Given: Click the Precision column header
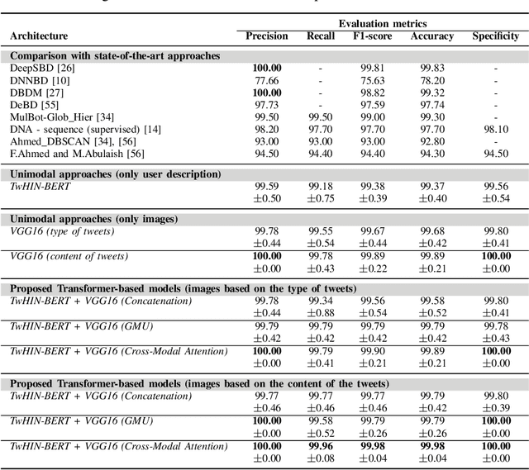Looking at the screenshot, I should point(267,36).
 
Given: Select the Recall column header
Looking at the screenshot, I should point(321,36).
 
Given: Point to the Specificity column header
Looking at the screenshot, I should point(495,36).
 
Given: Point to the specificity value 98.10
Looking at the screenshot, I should point(495,130).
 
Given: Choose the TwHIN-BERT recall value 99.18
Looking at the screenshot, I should point(321,187).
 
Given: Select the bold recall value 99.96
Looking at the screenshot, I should point(321,446).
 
